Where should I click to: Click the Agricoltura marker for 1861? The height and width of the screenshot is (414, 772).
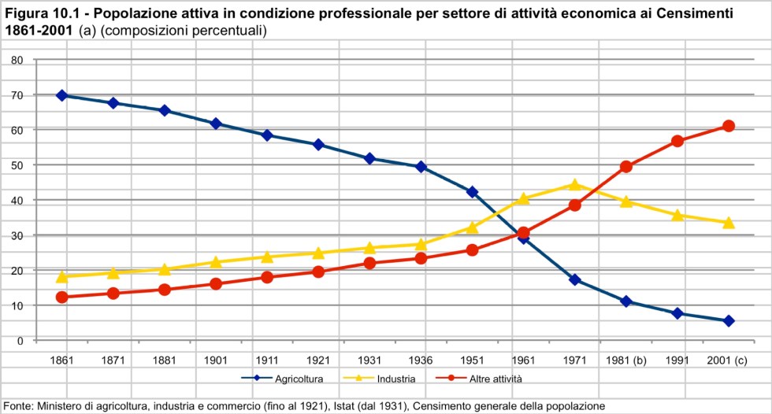coord(61,95)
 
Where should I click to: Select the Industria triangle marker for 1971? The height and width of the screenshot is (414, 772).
coord(575,185)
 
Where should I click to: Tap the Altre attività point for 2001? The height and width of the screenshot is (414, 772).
coord(729,126)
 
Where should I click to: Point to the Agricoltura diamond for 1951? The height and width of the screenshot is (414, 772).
coord(472,192)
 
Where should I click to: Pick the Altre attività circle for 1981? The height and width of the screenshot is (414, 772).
coord(626,167)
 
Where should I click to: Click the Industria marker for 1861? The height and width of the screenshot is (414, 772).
coord(61,276)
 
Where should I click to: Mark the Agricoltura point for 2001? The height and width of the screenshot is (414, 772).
coord(729,321)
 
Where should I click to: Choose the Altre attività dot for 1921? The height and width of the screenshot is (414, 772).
coord(318,272)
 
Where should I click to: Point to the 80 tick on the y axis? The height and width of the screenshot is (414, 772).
coord(18,60)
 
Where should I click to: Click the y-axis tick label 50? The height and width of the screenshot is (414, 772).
coord(18,164)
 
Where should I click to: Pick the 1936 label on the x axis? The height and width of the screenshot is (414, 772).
coord(421,360)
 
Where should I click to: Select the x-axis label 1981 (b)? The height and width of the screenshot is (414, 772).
coord(626,360)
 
